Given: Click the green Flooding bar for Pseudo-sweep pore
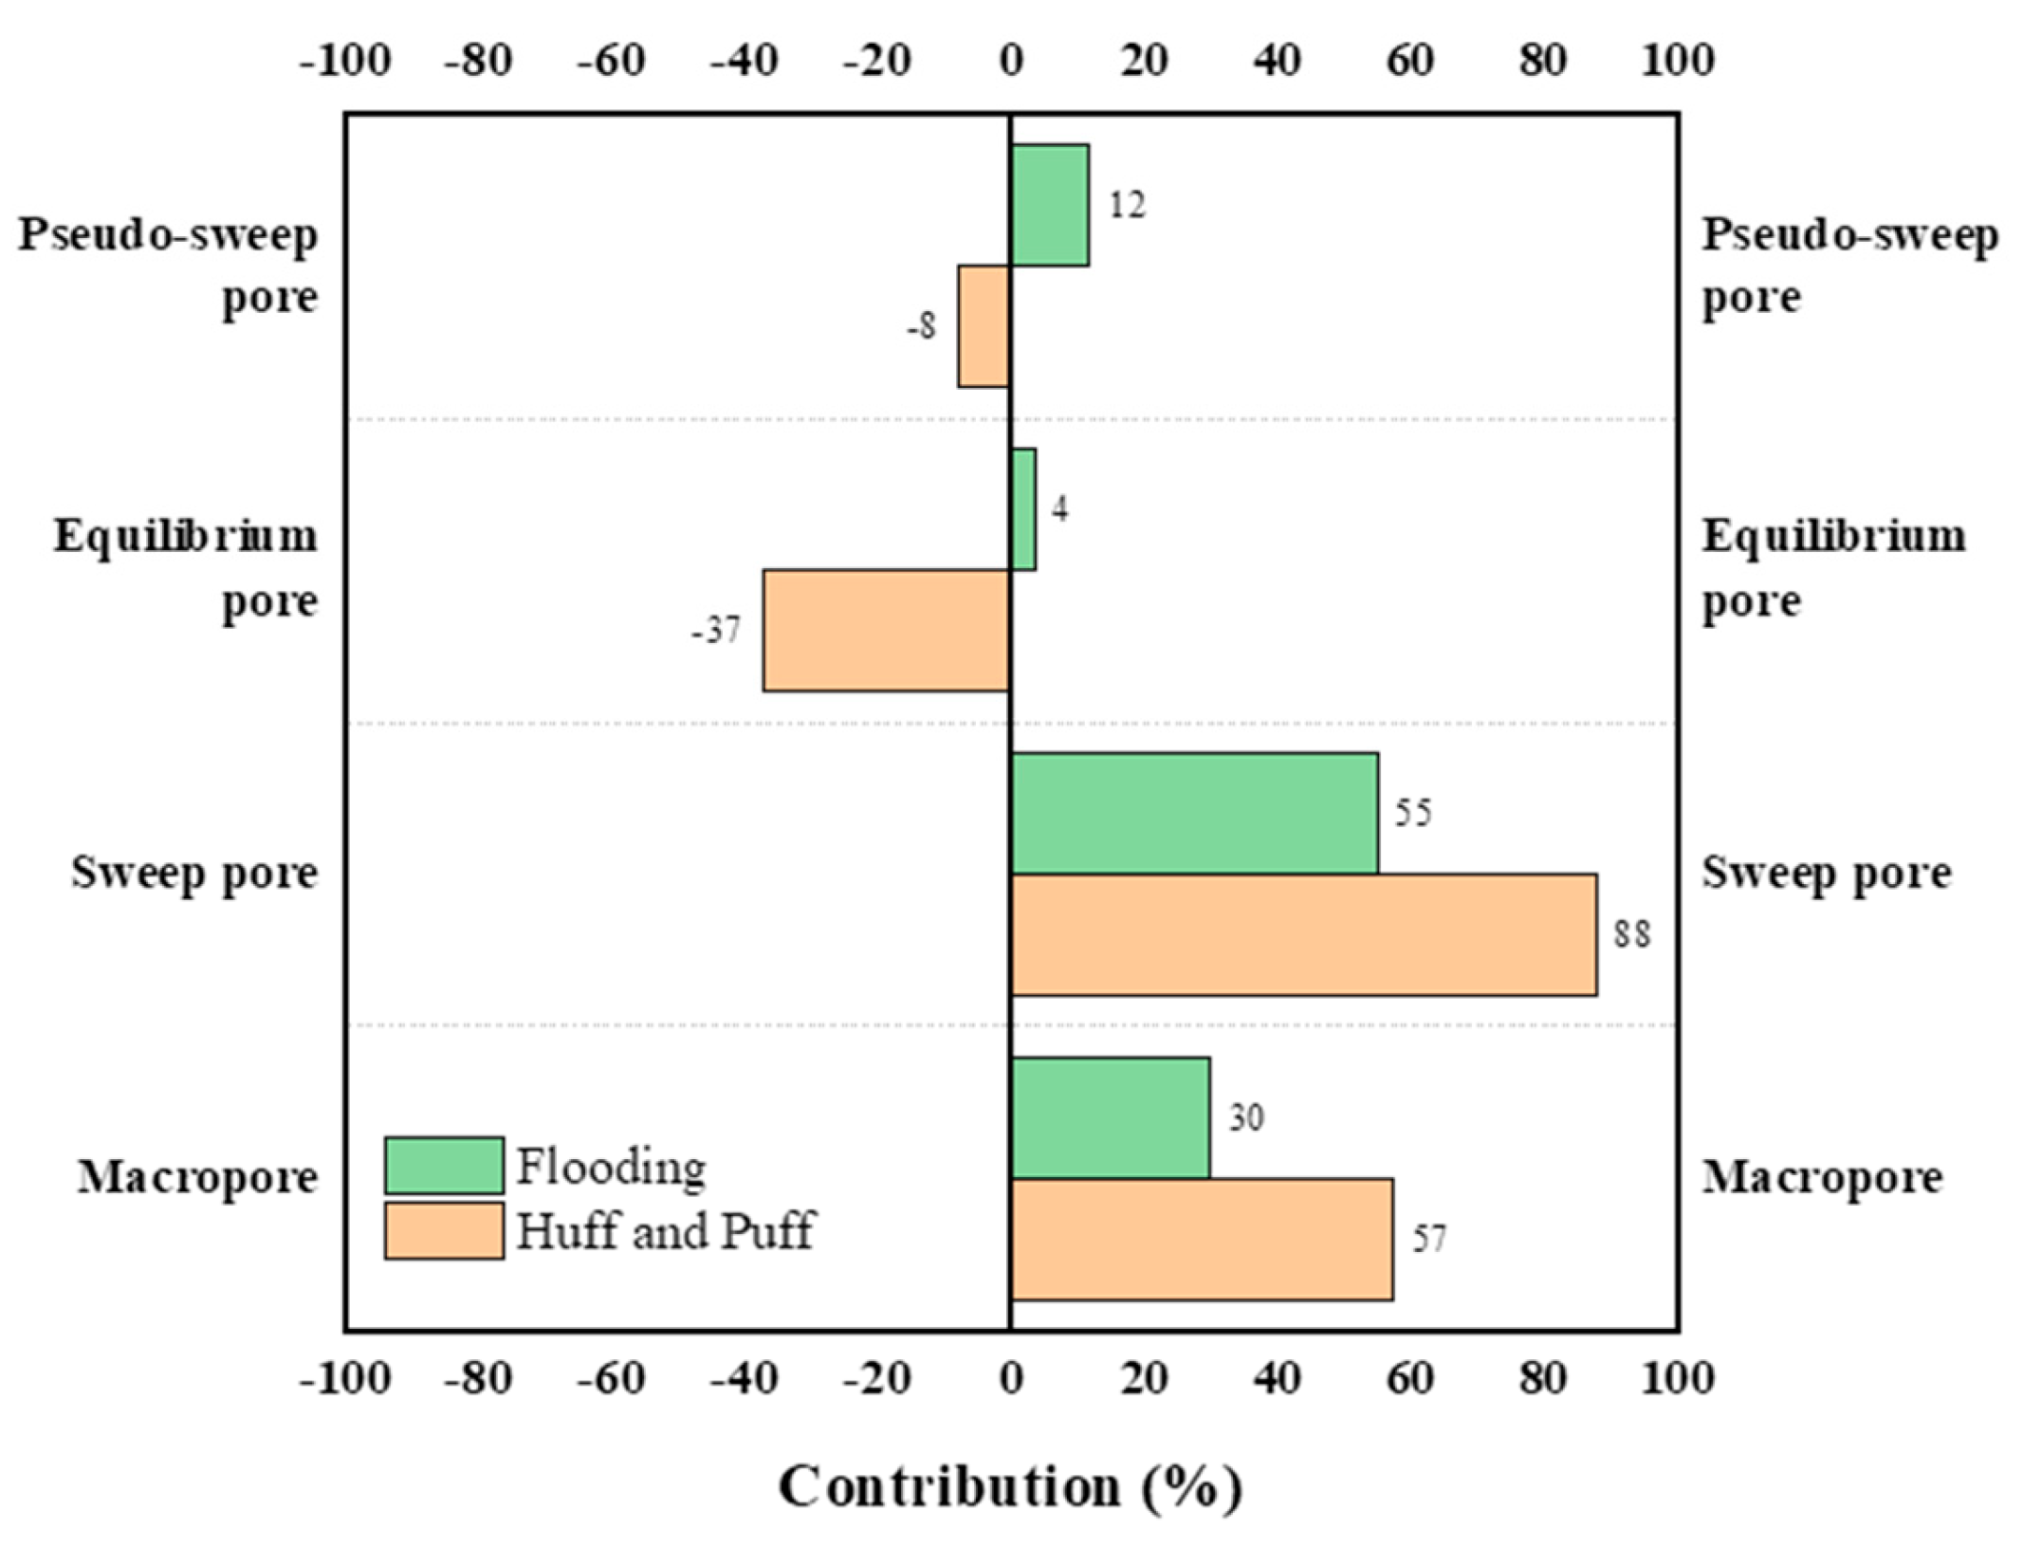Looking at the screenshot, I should pos(1049,205).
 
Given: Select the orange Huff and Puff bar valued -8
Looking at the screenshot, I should pos(984,326).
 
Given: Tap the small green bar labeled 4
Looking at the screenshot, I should pos(1023,509).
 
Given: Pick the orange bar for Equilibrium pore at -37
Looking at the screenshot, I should pos(886,631).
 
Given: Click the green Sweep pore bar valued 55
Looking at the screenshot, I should pos(1194,813).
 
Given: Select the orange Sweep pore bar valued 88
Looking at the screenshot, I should pos(1303,935).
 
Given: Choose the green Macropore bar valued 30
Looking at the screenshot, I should pos(1110,1118).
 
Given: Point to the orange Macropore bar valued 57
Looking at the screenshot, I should pos(1202,1240).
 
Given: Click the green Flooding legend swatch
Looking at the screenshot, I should pos(444,1166).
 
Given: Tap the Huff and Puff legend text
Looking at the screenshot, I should pos(664,1231).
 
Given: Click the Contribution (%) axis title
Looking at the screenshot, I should pos(1010,1486).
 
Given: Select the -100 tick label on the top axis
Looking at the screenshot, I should pos(345,61).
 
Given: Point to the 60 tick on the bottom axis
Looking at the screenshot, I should pos(1409,1378).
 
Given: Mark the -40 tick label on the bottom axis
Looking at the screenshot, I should pos(744,1378).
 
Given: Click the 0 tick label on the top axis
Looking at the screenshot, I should pos(1011,61).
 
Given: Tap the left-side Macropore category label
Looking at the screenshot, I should pos(197,1177).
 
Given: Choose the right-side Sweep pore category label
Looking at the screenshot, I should pos(1826,873).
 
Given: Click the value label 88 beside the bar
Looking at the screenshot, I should pos(1632,934).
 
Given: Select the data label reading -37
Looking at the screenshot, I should pos(716,630).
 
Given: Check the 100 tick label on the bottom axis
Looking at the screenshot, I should pos(1677,1378).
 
